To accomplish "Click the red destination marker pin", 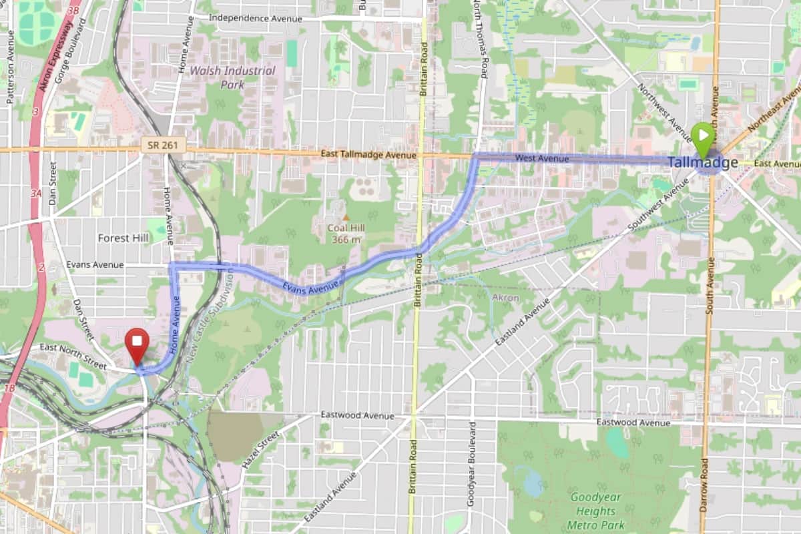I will click(x=138, y=342).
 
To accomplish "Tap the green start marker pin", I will click(x=702, y=136).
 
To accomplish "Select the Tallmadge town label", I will click(x=703, y=162).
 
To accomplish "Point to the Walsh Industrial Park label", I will click(x=232, y=77).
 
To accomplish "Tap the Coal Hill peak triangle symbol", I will click(x=346, y=218).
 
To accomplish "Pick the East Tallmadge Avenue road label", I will click(x=368, y=155).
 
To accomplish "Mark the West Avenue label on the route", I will click(x=542, y=158).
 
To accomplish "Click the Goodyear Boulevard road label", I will click(x=471, y=463).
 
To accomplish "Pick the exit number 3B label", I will click(x=73, y=10).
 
